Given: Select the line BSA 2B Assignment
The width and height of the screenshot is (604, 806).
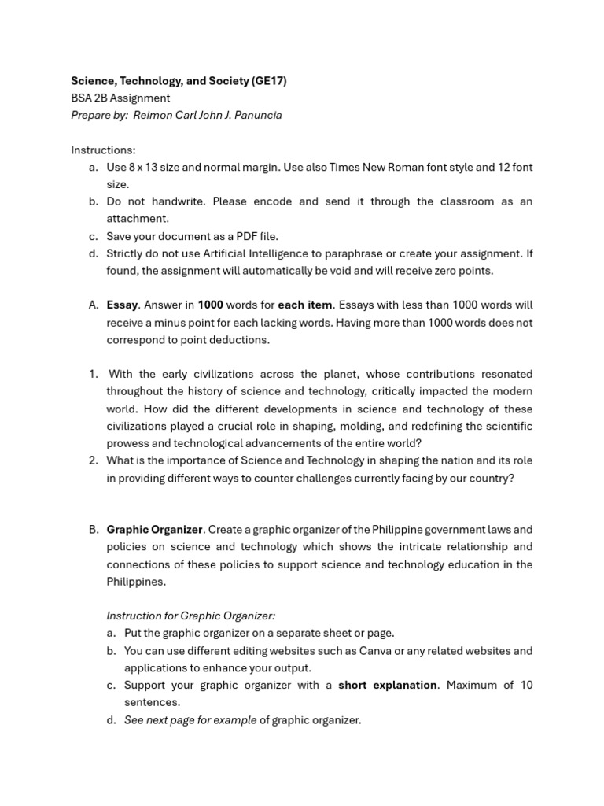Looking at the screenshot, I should click(120, 98).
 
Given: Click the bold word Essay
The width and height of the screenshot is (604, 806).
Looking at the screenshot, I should click(122, 305).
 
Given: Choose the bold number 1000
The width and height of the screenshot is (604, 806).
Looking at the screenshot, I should click(210, 305).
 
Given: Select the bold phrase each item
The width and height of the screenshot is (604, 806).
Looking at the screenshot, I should click(304, 305).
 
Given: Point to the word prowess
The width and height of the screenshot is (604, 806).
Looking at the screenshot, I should click(127, 443).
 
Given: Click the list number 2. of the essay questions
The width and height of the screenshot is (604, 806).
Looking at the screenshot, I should click(94, 460).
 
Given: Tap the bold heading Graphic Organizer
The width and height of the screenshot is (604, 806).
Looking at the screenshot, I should click(154, 530).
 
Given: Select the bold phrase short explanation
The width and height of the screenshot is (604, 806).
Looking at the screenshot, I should click(387, 686).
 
